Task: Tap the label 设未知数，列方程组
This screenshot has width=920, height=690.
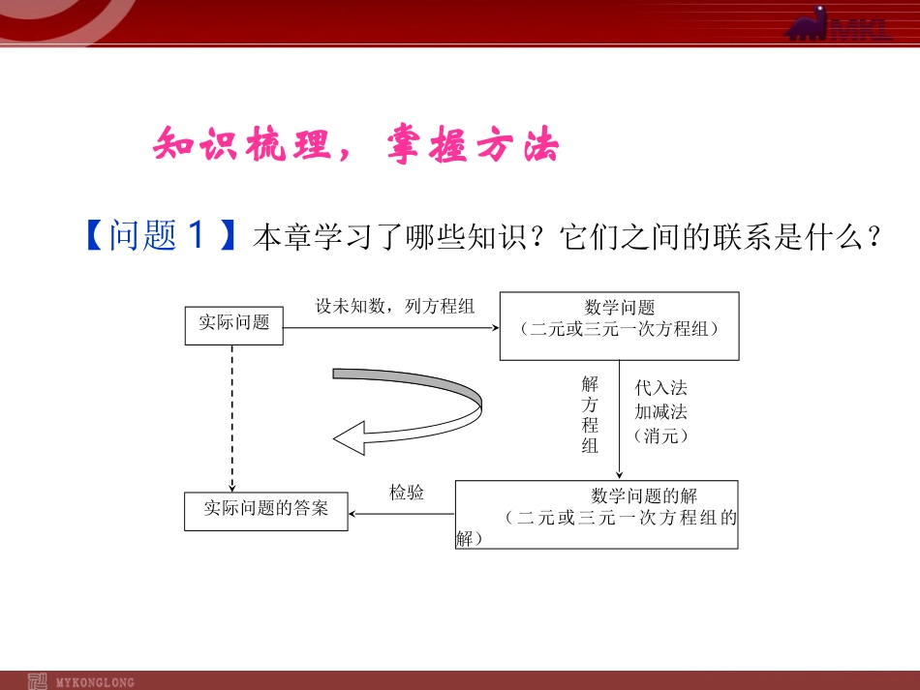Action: (x=395, y=307)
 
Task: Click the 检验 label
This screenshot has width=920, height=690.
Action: (x=407, y=493)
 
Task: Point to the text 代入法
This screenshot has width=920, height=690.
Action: (x=661, y=388)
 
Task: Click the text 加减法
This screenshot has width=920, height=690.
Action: (x=661, y=412)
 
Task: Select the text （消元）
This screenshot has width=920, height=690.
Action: (x=661, y=435)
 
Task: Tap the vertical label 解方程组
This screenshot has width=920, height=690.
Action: (x=590, y=415)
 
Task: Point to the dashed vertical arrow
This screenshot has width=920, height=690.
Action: (x=232, y=416)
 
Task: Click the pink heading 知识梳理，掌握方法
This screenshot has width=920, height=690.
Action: (x=356, y=147)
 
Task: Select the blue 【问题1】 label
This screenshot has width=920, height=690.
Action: (x=157, y=235)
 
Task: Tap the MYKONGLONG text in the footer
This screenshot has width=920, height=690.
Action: (x=96, y=682)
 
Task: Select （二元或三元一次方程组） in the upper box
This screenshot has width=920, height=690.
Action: (x=620, y=329)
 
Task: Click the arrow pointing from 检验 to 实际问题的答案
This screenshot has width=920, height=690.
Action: (x=402, y=513)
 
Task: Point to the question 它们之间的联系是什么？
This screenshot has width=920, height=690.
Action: (x=721, y=237)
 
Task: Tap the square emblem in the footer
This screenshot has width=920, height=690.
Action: (x=38, y=680)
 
